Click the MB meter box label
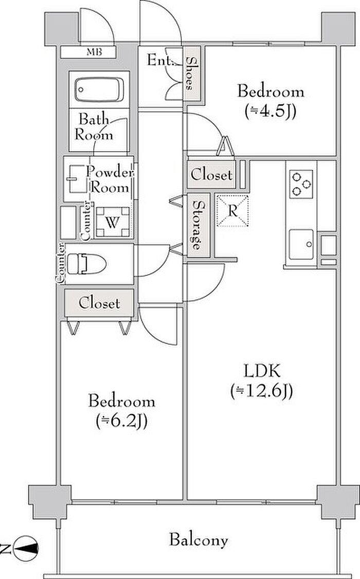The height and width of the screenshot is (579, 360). click(x=93, y=52)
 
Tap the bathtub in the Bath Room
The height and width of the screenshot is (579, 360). click(x=99, y=90)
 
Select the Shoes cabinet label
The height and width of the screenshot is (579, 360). click(x=191, y=74)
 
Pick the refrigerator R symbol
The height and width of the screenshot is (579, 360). click(x=232, y=210)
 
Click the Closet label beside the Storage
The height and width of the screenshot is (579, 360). click(x=211, y=174)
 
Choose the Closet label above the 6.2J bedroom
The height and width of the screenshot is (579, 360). click(x=99, y=304)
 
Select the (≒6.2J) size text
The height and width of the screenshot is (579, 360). click(x=121, y=422)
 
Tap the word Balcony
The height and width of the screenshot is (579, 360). click(x=198, y=540)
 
